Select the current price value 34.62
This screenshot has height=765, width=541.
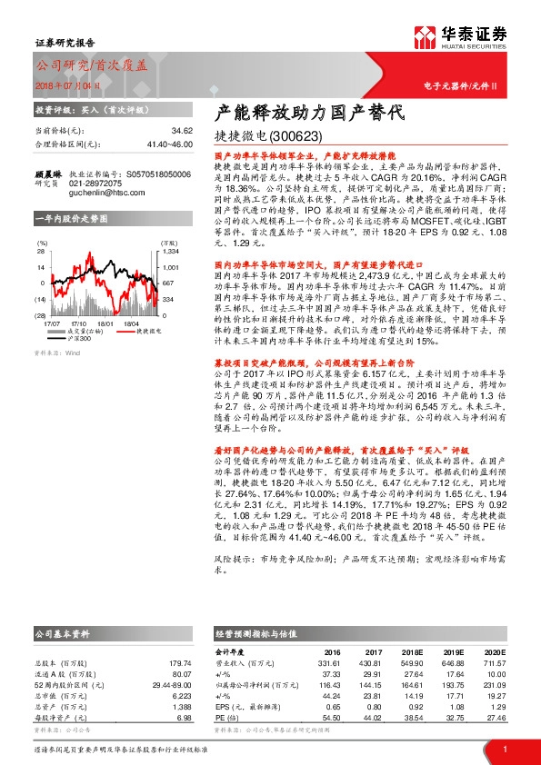[159, 132]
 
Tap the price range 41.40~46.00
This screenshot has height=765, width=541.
[145, 144]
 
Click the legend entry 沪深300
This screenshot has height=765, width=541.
[81, 338]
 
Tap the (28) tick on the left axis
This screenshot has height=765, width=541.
[42, 314]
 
